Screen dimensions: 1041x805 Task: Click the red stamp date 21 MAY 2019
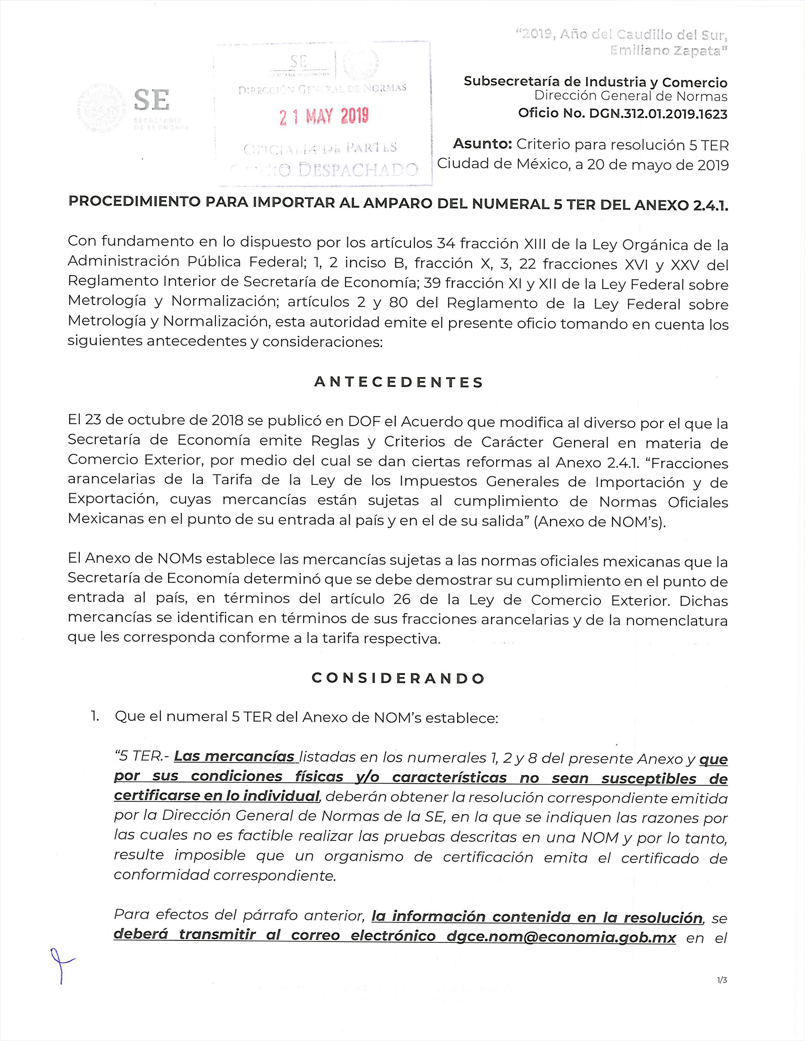pos(324,116)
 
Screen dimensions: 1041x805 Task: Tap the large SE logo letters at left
pos(152,101)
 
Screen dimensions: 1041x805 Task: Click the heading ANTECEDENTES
pos(399,383)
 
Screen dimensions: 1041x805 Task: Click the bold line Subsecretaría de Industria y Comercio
pos(595,82)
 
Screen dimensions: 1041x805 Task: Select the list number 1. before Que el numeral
pos(95,716)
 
